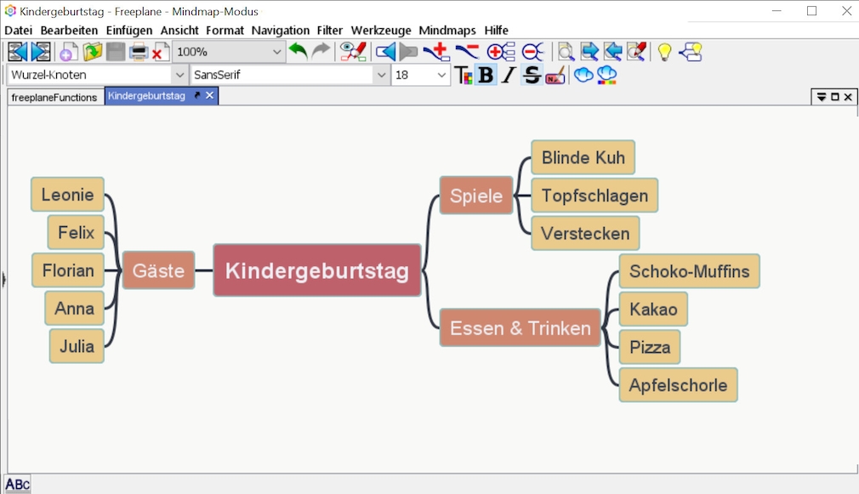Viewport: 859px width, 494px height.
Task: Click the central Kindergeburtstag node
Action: click(316, 270)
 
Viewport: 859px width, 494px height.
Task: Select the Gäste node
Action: click(158, 270)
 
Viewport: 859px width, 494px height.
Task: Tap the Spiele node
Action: click(475, 196)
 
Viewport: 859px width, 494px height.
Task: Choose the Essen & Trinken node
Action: click(520, 328)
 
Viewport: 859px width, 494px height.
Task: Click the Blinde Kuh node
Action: click(583, 157)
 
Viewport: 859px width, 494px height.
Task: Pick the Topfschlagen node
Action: click(594, 196)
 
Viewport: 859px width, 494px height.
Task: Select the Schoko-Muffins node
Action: click(689, 271)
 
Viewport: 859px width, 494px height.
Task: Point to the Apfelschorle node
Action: click(678, 385)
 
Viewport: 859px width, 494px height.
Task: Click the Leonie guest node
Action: click(67, 195)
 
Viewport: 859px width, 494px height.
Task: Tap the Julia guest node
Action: click(77, 346)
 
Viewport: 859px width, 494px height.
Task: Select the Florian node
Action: click(68, 270)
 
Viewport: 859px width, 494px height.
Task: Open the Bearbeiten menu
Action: click(69, 30)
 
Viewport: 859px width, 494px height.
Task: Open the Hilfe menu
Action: click(496, 30)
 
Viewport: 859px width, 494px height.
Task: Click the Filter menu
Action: click(330, 30)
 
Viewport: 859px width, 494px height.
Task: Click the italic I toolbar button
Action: click(509, 75)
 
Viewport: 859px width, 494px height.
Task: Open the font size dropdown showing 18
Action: click(442, 75)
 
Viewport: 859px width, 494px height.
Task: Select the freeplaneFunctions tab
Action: click(54, 97)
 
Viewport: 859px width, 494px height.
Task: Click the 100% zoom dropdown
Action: click(229, 52)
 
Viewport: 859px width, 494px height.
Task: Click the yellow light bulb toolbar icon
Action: click(664, 52)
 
